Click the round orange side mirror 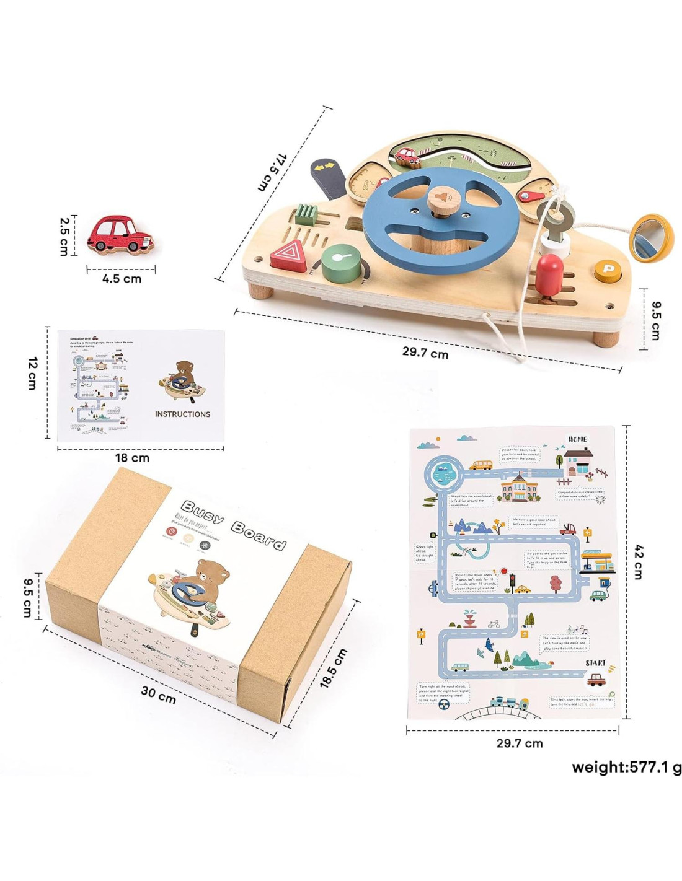click(651, 237)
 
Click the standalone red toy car click(120, 235)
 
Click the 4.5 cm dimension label click(122, 279)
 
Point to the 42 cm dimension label click(639, 562)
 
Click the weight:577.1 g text click(626, 768)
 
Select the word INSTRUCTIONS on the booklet click(182, 414)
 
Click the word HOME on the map click(577, 439)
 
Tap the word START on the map click(595, 663)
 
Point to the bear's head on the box click(212, 572)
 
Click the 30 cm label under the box click(158, 695)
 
